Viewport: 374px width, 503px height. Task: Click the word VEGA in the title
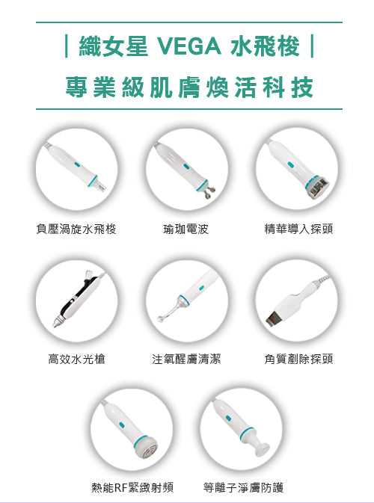point(189,46)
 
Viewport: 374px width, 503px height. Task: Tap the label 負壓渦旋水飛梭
point(76,229)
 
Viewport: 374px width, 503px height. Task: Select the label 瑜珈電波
point(186,229)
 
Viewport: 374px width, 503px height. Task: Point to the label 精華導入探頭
point(298,229)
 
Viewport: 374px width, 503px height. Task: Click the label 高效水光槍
point(76,359)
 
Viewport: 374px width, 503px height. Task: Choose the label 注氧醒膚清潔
point(186,359)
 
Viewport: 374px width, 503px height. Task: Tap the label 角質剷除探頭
point(298,359)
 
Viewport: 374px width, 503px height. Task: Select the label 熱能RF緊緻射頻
point(132,487)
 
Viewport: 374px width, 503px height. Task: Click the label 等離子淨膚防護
point(243,487)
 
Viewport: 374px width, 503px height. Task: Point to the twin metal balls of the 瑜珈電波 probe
point(209,192)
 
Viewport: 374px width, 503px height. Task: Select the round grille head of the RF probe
point(147,448)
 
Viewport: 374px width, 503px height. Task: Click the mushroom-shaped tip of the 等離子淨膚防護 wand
point(262,448)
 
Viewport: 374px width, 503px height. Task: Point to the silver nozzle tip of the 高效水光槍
point(58,321)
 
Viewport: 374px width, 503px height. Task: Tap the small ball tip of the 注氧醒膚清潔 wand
point(161,318)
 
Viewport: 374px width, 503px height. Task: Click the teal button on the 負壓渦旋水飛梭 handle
point(77,164)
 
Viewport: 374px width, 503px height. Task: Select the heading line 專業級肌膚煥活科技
point(189,87)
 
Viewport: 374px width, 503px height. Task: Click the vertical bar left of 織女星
point(67,46)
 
